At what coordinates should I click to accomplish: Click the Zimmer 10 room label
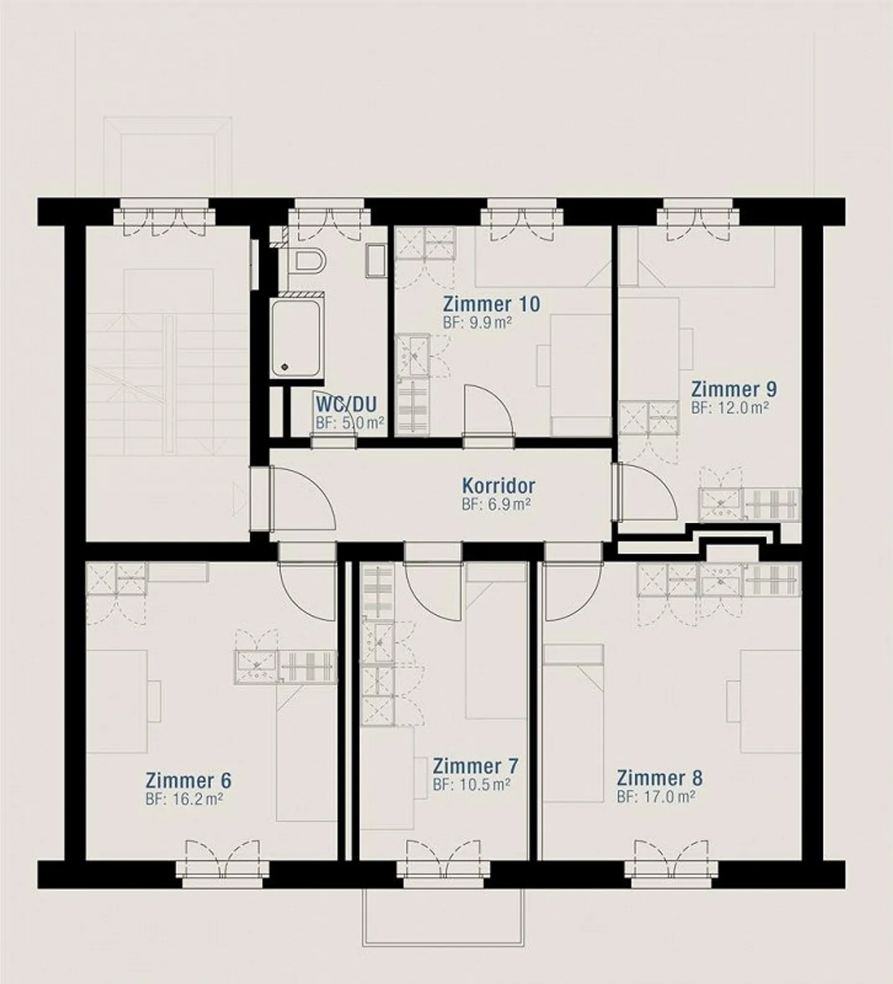click(491, 304)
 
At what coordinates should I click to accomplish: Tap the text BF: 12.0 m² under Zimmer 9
click(730, 408)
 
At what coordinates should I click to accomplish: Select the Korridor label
click(498, 485)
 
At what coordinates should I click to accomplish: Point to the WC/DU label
click(346, 405)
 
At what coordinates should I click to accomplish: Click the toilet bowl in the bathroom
click(308, 262)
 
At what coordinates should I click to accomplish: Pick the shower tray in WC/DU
click(296, 338)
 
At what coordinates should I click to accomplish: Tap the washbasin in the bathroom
click(376, 260)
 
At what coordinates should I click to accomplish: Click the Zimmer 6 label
click(188, 779)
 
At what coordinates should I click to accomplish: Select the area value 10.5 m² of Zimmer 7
click(471, 785)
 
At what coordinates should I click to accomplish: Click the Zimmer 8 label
click(659, 778)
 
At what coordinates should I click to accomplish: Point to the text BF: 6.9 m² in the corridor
click(495, 505)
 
